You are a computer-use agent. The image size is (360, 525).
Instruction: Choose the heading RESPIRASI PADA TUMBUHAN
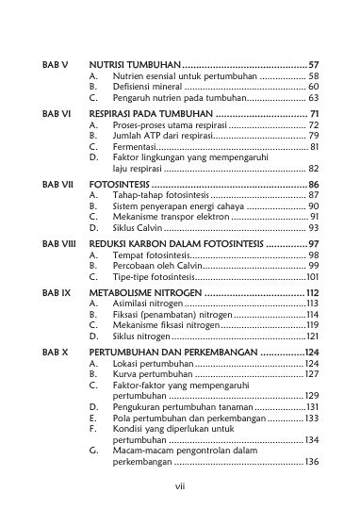[x=144, y=113]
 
